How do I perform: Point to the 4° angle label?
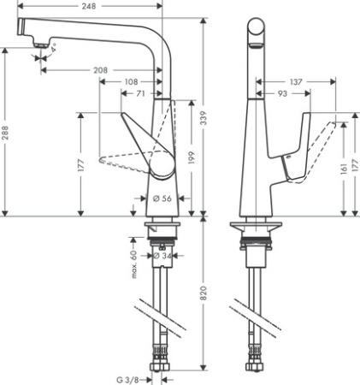[53, 50]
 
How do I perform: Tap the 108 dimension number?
[132, 82]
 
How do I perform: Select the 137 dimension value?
[296, 81]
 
